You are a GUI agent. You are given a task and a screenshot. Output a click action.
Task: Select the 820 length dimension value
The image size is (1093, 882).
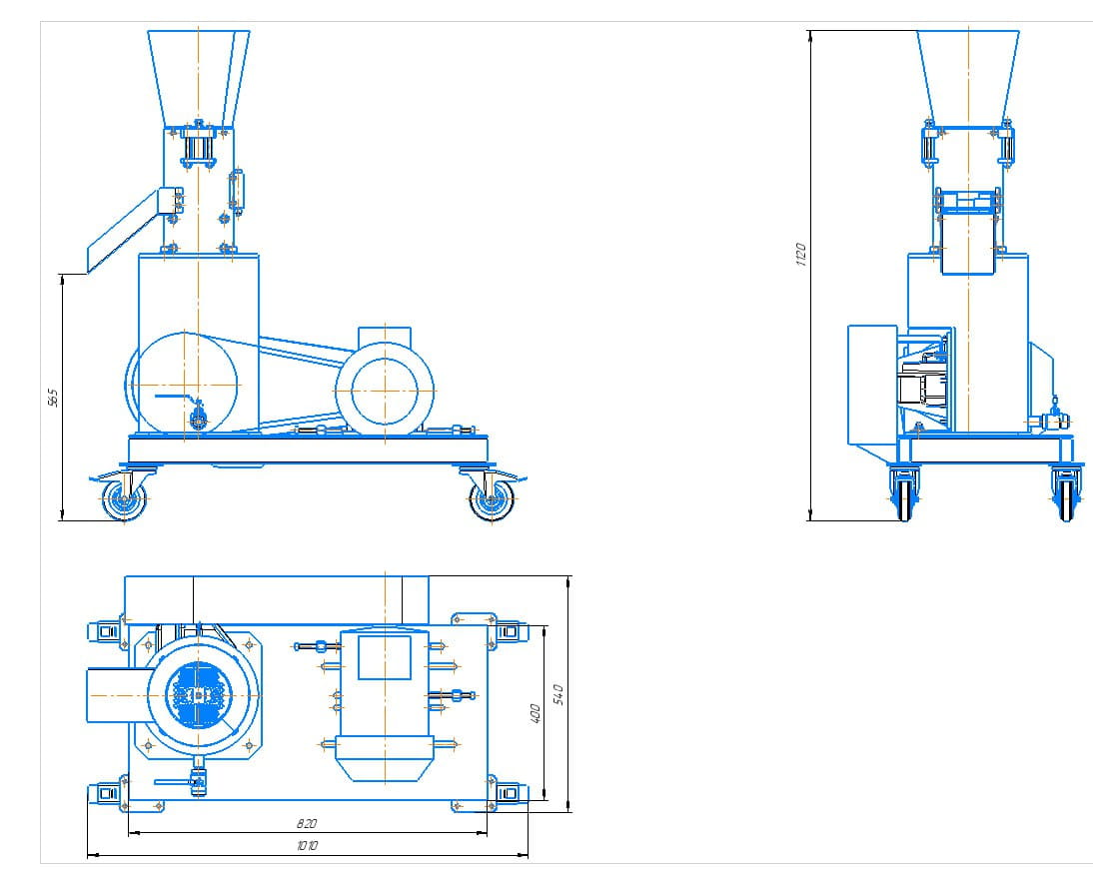click(307, 824)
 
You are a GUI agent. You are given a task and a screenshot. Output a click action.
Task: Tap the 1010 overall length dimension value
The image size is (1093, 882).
click(307, 846)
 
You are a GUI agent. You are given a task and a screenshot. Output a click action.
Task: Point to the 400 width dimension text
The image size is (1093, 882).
click(536, 713)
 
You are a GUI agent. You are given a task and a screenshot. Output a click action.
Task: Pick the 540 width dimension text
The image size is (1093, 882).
click(558, 692)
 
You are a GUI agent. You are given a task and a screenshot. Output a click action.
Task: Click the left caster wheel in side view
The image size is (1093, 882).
click(125, 501)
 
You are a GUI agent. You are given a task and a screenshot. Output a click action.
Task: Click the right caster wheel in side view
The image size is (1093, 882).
click(491, 501)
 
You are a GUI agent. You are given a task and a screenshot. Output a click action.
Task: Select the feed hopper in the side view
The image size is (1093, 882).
click(198, 75)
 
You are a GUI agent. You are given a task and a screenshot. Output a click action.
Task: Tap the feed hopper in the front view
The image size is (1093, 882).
click(967, 75)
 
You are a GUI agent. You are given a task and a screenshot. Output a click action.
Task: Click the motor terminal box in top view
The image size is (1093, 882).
click(385, 657)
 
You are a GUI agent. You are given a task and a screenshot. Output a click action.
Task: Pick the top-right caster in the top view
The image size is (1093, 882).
click(508, 630)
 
